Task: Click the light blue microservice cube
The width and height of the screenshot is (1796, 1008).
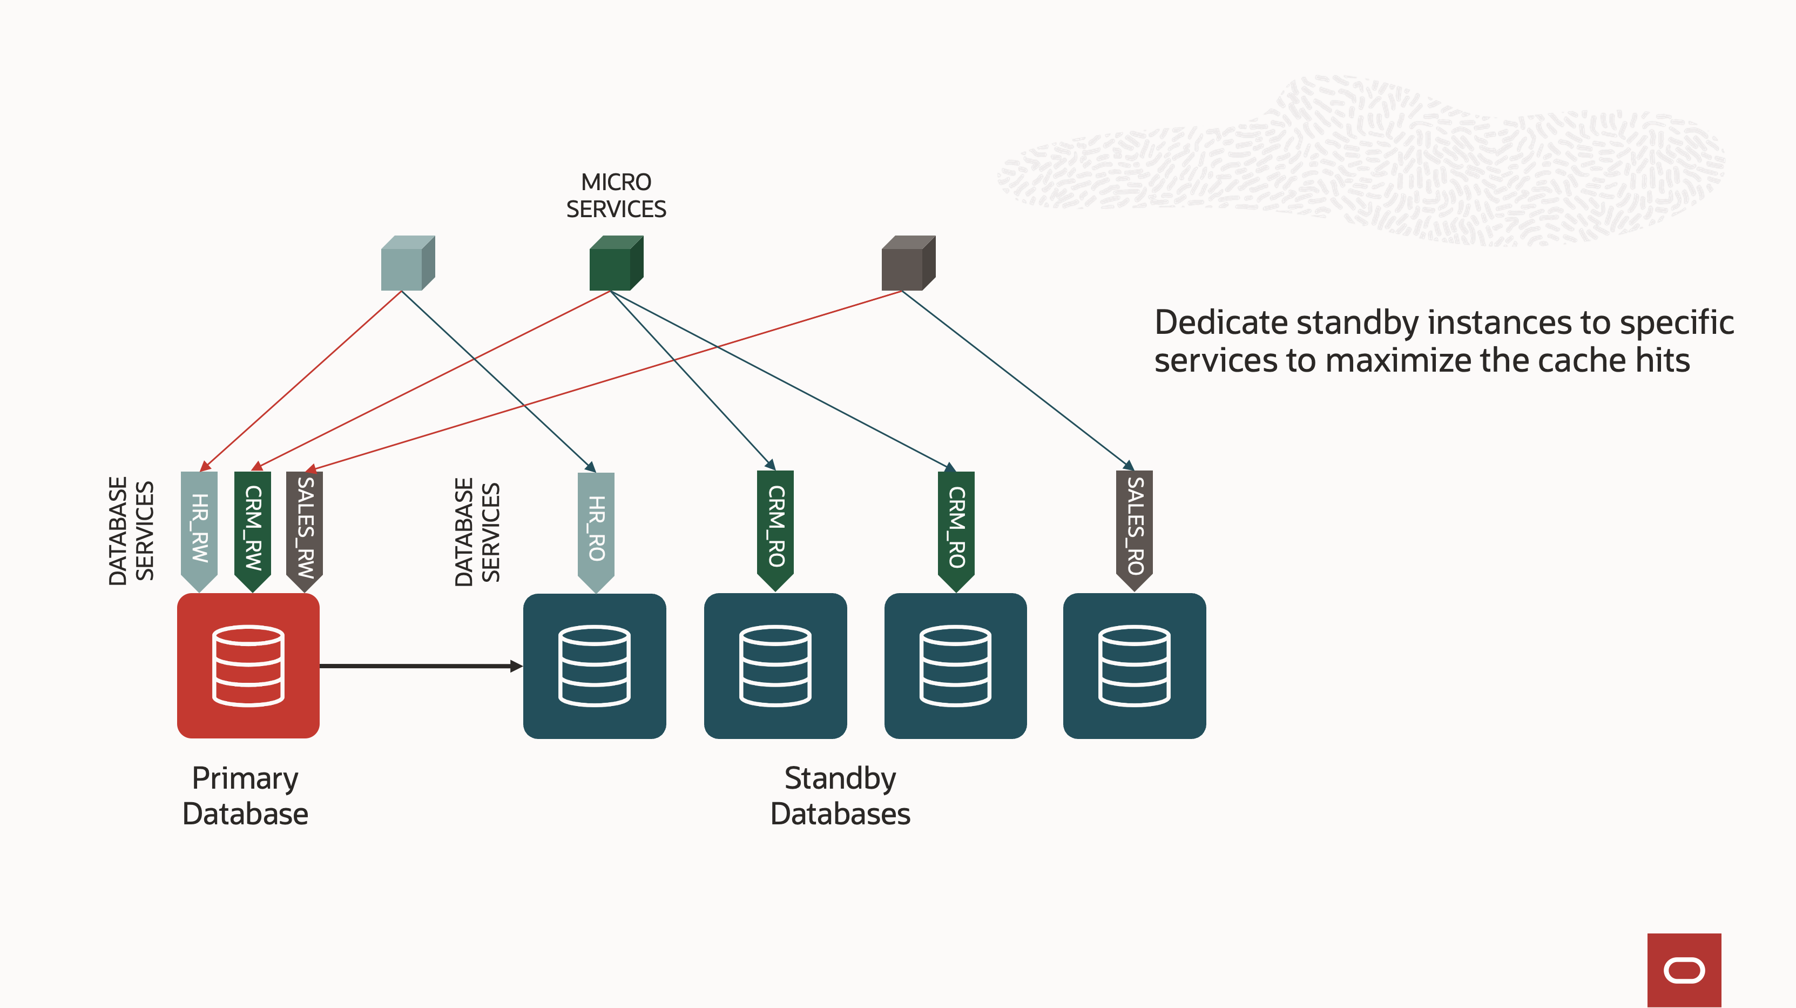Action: tap(407, 264)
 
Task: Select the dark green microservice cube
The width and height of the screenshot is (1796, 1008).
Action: tap(616, 264)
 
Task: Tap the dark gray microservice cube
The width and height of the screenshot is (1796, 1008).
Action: tap(908, 264)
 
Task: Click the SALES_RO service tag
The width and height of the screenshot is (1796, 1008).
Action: tap(1135, 527)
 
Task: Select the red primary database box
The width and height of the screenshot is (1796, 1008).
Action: tap(248, 666)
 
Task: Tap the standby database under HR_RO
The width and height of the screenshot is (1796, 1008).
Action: tap(595, 666)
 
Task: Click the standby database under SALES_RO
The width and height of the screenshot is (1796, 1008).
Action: tap(1135, 666)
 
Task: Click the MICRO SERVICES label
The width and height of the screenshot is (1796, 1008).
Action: tap(616, 196)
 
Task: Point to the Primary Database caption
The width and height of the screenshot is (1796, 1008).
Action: tap(245, 796)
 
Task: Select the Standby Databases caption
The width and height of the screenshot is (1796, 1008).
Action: tap(840, 796)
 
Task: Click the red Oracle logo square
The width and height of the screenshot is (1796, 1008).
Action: tap(1684, 970)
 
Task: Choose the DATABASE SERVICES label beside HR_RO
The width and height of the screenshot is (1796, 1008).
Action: tap(477, 532)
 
